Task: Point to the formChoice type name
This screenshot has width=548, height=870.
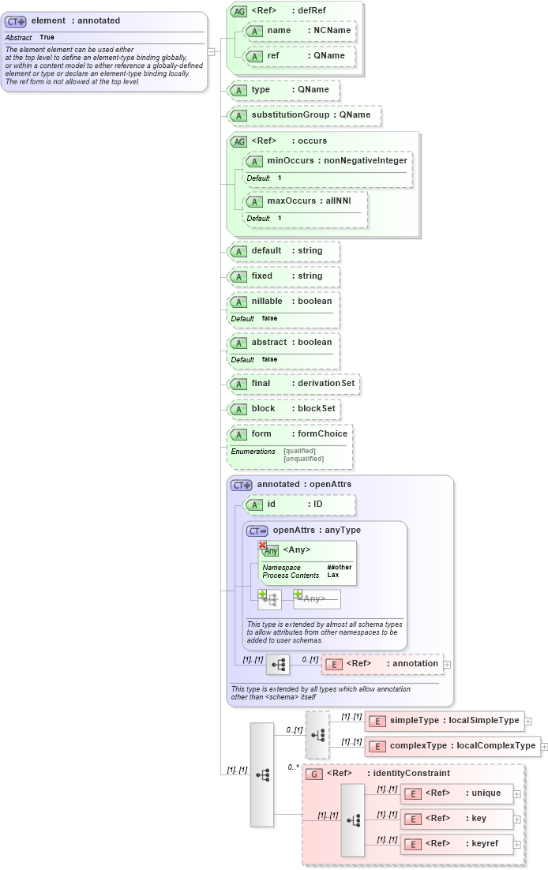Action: (322, 434)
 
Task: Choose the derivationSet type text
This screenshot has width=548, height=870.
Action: (327, 384)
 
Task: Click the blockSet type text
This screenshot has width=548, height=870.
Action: (317, 409)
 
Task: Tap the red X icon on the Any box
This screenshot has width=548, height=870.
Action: (262, 545)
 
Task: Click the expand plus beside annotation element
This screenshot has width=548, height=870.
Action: (448, 664)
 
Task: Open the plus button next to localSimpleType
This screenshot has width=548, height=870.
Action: (528, 721)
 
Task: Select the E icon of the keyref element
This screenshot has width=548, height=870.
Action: (411, 844)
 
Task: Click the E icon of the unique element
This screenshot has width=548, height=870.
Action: (411, 793)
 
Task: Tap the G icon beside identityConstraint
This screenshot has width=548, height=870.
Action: (313, 774)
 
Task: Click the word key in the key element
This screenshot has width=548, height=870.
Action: (479, 819)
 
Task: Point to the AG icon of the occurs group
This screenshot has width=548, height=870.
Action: (238, 141)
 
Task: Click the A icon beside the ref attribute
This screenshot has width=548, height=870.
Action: (254, 56)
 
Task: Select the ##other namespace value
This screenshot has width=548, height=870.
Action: (340, 568)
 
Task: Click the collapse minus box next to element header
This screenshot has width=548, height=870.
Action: (211, 52)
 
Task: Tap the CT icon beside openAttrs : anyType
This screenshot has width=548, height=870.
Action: (257, 531)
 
